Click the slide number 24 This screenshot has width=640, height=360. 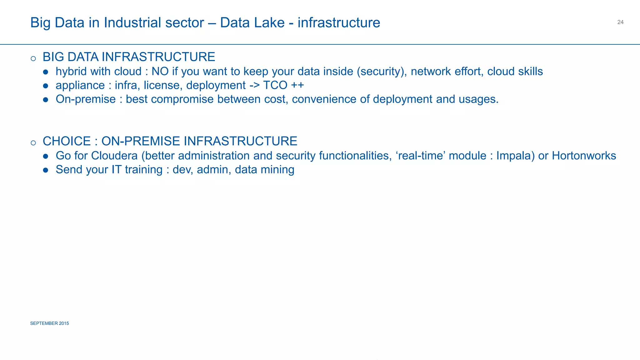[620, 22]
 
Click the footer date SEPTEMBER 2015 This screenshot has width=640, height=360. [49, 323]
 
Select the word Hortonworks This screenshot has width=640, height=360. [584, 156]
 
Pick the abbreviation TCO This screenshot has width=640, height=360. [275, 85]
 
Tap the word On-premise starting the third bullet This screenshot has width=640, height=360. [86, 99]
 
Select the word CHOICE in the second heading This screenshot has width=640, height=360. [67, 141]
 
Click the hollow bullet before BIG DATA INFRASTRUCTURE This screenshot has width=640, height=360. [33, 58]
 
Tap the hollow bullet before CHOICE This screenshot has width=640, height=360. [33, 143]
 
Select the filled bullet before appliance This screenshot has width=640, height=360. [46, 86]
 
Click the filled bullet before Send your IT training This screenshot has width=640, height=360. [46, 170]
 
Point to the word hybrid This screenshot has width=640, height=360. [71, 72]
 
